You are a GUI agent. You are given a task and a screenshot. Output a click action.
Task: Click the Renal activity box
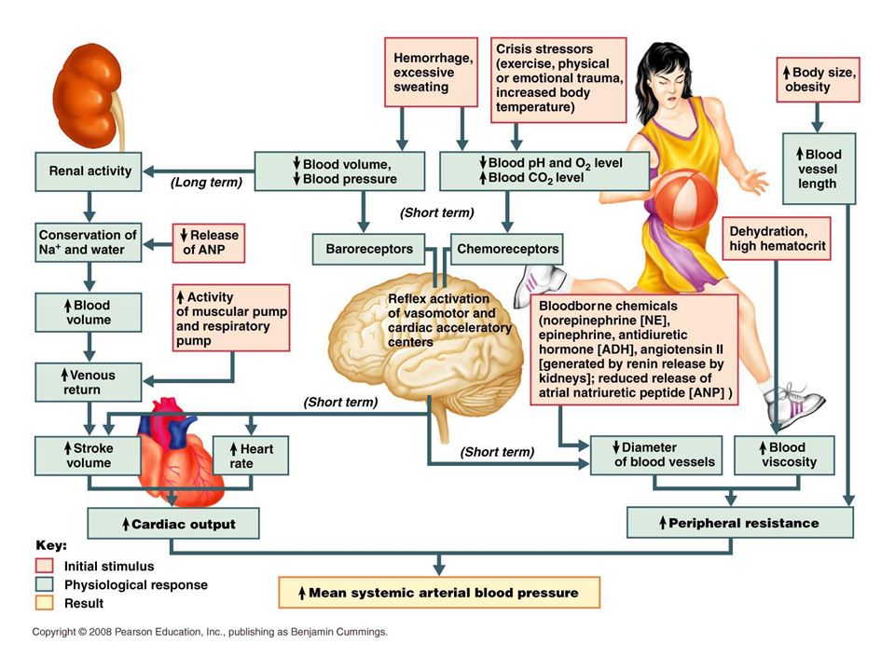[89, 171]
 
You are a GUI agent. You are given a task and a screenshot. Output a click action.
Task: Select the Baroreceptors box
[369, 249]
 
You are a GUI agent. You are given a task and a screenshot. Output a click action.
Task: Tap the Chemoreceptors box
[507, 249]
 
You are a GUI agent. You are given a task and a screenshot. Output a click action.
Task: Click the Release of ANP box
[208, 243]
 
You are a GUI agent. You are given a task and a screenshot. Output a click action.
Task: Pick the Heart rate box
[251, 456]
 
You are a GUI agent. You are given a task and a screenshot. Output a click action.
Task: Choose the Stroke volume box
[88, 456]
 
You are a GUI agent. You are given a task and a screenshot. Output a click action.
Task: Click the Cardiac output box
[173, 523]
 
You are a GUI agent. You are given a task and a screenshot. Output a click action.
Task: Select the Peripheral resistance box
[739, 522]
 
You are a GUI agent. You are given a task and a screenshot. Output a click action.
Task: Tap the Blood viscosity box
[784, 455]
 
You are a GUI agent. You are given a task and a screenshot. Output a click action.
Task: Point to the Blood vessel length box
[819, 169]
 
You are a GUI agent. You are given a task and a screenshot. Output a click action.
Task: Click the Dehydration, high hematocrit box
[777, 239]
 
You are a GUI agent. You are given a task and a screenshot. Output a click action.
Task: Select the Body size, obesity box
[818, 80]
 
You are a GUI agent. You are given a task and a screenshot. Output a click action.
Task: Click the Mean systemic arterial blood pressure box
[439, 593]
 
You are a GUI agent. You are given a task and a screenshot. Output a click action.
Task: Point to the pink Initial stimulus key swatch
[44, 566]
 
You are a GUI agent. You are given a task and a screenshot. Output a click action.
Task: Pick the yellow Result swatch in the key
[44, 603]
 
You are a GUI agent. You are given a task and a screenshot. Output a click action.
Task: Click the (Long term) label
[207, 182]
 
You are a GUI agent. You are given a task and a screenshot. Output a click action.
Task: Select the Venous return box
[88, 382]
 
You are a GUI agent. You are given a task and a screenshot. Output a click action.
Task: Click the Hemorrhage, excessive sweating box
[431, 73]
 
